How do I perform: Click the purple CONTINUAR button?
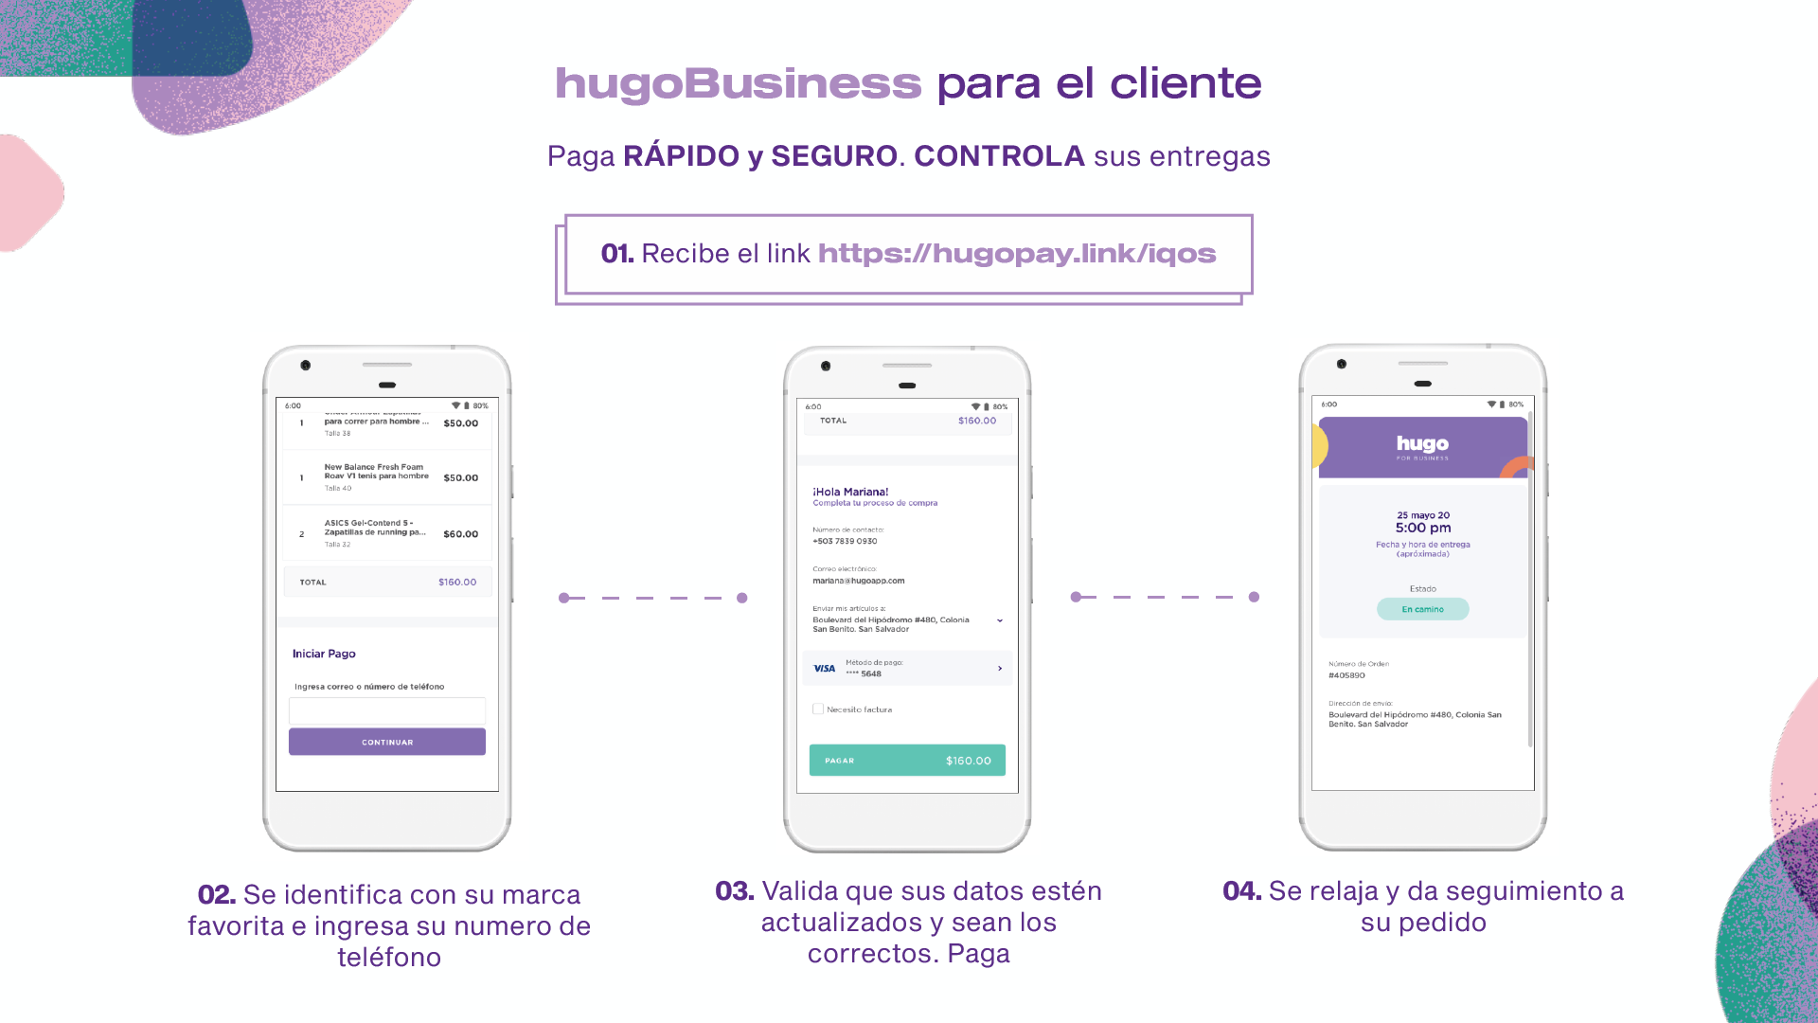click(386, 742)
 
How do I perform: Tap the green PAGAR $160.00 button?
click(906, 760)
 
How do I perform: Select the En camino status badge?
click(1422, 609)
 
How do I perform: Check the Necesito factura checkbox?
click(818, 709)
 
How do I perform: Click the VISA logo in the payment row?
click(824, 668)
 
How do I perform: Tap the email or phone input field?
click(386, 710)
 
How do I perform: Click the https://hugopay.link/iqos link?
click(1016, 254)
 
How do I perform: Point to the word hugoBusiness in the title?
click(738, 83)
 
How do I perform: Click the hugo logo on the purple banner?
click(1422, 444)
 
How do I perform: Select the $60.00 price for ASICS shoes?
click(460, 534)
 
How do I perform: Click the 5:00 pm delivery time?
click(1422, 528)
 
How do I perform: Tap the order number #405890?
click(1346, 675)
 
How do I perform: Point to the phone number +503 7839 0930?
click(845, 541)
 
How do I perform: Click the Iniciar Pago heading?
click(324, 654)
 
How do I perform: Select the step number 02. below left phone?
click(216, 894)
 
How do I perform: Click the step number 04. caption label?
click(1241, 890)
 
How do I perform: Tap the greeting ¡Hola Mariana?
click(850, 492)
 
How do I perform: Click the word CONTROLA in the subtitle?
click(999, 156)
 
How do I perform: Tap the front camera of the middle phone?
click(826, 366)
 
